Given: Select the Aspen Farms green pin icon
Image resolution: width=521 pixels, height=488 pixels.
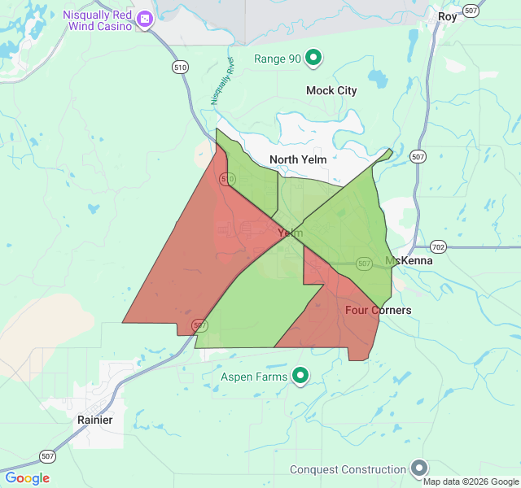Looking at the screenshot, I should pyautogui.click(x=300, y=376).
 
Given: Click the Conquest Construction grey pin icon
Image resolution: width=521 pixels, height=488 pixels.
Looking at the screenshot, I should pyautogui.click(x=419, y=468).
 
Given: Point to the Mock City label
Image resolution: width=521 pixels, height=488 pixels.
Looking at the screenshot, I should pyautogui.click(x=331, y=90).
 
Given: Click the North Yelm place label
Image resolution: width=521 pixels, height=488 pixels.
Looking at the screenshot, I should pyautogui.click(x=298, y=159).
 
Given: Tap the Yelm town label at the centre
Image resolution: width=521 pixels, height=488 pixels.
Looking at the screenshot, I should pyautogui.click(x=290, y=233).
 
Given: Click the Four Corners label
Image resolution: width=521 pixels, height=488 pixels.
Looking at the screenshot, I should pyautogui.click(x=378, y=311).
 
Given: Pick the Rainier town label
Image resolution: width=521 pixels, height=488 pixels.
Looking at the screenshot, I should pyautogui.click(x=95, y=420).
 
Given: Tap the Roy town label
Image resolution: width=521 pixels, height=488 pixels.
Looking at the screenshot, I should pyautogui.click(x=448, y=16).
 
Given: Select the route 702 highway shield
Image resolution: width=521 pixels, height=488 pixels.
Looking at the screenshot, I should pyautogui.click(x=438, y=246).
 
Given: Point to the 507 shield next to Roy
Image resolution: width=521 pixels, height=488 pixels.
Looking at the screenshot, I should pyautogui.click(x=471, y=11).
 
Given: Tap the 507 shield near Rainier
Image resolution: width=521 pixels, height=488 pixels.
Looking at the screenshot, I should pyautogui.click(x=47, y=455).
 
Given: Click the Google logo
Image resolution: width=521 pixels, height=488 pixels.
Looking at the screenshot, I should pyautogui.click(x=27, y=478).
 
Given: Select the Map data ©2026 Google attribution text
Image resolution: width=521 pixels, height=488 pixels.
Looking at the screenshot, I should pyautogui.click(x=471, y=481).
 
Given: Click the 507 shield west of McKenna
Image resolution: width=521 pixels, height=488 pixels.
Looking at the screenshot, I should pyautogui.click(x=364, y=264).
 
